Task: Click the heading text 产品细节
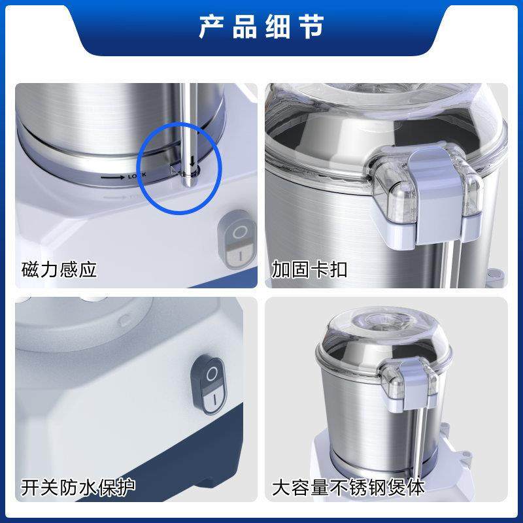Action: (x=261, y=28)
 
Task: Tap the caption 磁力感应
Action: (x=59, y=269)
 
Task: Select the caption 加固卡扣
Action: (x=309, y=269)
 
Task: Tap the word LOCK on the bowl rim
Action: (x=137, y=175)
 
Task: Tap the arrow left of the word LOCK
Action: (x=112, y=177)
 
